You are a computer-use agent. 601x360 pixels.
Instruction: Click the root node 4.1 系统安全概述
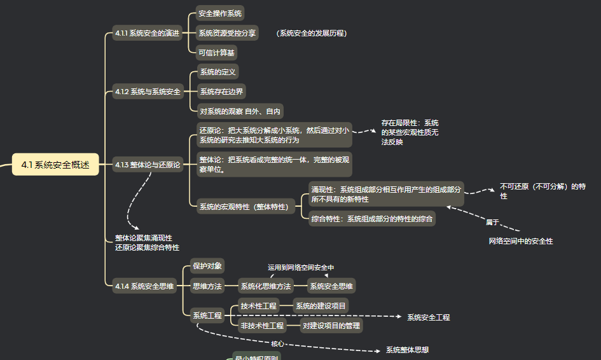(55, 165)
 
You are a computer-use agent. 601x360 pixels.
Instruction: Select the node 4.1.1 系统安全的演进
(147, 33)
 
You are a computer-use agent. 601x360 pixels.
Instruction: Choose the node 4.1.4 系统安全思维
(144, 286)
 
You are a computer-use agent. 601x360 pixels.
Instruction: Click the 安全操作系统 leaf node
(220, 13)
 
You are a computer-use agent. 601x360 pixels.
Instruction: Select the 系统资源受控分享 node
(228, 33)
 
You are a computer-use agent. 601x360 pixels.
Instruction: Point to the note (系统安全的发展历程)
(312, 33)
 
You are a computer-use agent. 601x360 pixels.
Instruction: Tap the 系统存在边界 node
(221, 92)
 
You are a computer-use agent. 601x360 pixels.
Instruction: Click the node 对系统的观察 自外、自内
(240, 111)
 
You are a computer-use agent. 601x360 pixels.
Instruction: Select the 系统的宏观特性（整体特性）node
(244, 207)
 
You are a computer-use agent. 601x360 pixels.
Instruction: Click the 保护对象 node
(207, 266)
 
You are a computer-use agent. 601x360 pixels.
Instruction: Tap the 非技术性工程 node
(262, 326)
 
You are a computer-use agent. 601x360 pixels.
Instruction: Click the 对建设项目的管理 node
(331, 326)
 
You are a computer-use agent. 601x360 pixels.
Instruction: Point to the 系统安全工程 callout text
(429, 317)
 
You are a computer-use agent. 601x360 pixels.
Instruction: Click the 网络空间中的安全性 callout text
(521, 241)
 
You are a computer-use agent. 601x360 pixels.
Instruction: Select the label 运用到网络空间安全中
(301, 268)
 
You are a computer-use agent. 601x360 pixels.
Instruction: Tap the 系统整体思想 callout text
(407, 350)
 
